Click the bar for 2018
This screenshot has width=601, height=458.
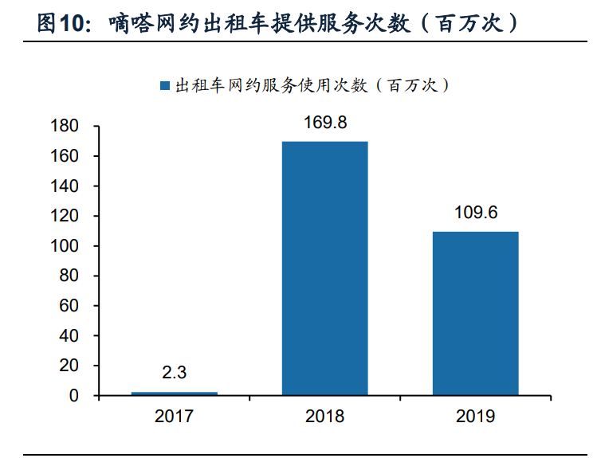324,268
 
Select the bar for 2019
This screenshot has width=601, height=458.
475,313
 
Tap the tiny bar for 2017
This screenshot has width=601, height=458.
174,393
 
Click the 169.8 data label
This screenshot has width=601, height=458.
324,123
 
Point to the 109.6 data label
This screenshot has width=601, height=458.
475,213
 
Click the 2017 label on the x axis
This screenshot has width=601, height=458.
174,416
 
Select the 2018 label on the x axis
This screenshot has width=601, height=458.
324,416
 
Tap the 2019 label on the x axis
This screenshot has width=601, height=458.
475,416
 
